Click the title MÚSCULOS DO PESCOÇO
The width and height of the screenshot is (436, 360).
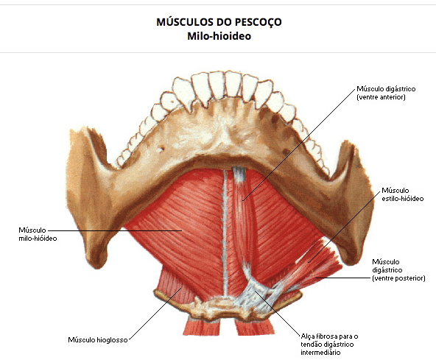point(219,21)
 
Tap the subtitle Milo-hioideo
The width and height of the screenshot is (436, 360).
point(219,36)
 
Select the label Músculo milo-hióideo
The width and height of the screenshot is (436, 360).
point(38,234)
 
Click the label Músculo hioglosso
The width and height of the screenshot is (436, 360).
point(98,339)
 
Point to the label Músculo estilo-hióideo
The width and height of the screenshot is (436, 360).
point(402,194)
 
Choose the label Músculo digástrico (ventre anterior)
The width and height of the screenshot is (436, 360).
point(386,93)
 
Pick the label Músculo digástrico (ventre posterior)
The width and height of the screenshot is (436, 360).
point(398,270)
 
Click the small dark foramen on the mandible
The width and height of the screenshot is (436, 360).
point(161,149)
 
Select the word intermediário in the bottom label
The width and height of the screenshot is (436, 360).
point(320,352)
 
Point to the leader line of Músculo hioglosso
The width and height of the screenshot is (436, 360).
point(155,314)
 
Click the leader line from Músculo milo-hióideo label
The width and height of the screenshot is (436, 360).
point(115,230)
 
